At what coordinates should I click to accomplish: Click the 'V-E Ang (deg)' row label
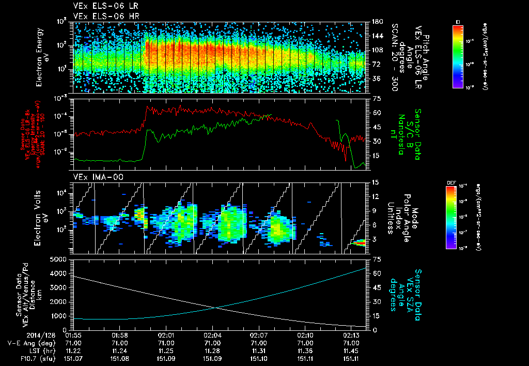pyautogui.click(x=27, y=343)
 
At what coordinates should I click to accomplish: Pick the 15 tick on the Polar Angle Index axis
pyautogui.click(x=375, y=182)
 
